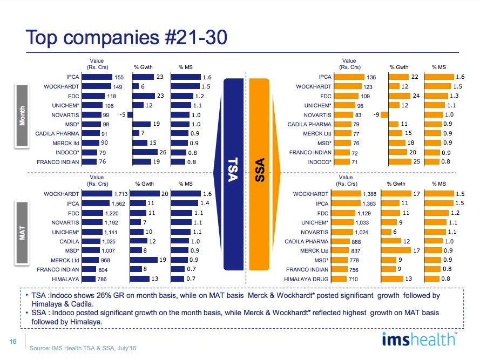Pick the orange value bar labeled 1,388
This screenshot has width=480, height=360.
(347, 193)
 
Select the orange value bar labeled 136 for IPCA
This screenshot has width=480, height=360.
(348, 77)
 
